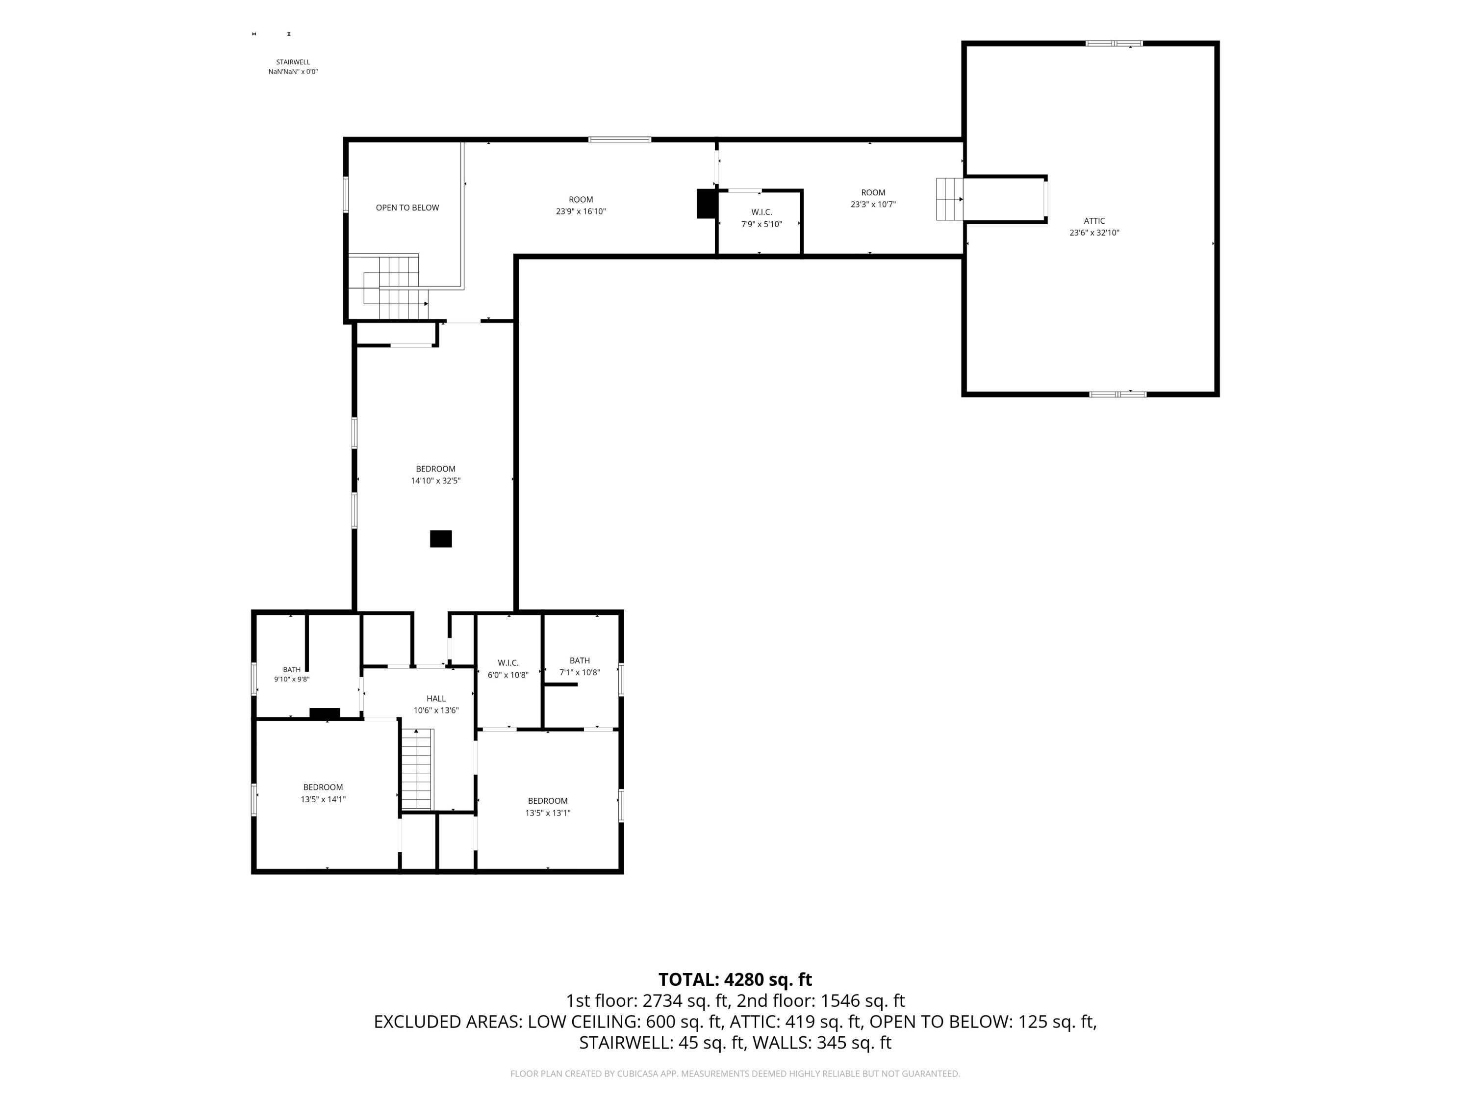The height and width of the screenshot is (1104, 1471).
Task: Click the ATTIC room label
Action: (1094, 221)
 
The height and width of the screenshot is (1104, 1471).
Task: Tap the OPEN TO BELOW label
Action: (407, 208)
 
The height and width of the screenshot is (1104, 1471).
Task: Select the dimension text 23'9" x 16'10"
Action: (581, 211)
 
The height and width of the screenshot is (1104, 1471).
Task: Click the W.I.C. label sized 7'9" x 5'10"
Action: (761, 212)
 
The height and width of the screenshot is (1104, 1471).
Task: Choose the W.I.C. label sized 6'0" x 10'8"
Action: (508, 663)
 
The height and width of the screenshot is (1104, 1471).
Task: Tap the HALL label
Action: (436, 698)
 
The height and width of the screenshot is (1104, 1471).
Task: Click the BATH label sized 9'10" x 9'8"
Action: (292, 669)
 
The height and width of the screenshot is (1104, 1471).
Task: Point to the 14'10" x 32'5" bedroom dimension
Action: (435, 480)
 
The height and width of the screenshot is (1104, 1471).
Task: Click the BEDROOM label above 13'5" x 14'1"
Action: (323, 787)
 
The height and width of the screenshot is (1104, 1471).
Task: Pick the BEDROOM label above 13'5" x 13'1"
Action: (548, 801)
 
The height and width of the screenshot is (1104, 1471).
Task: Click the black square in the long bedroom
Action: (441, 538)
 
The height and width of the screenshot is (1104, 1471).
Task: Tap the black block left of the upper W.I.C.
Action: (706, 204)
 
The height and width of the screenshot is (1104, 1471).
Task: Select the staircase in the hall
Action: (417, 768)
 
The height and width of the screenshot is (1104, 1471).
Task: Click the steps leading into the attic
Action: (950, 199)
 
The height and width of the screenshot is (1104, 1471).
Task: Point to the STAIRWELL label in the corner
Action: (293, 62)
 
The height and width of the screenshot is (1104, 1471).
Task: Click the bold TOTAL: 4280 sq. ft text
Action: (735, 979)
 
